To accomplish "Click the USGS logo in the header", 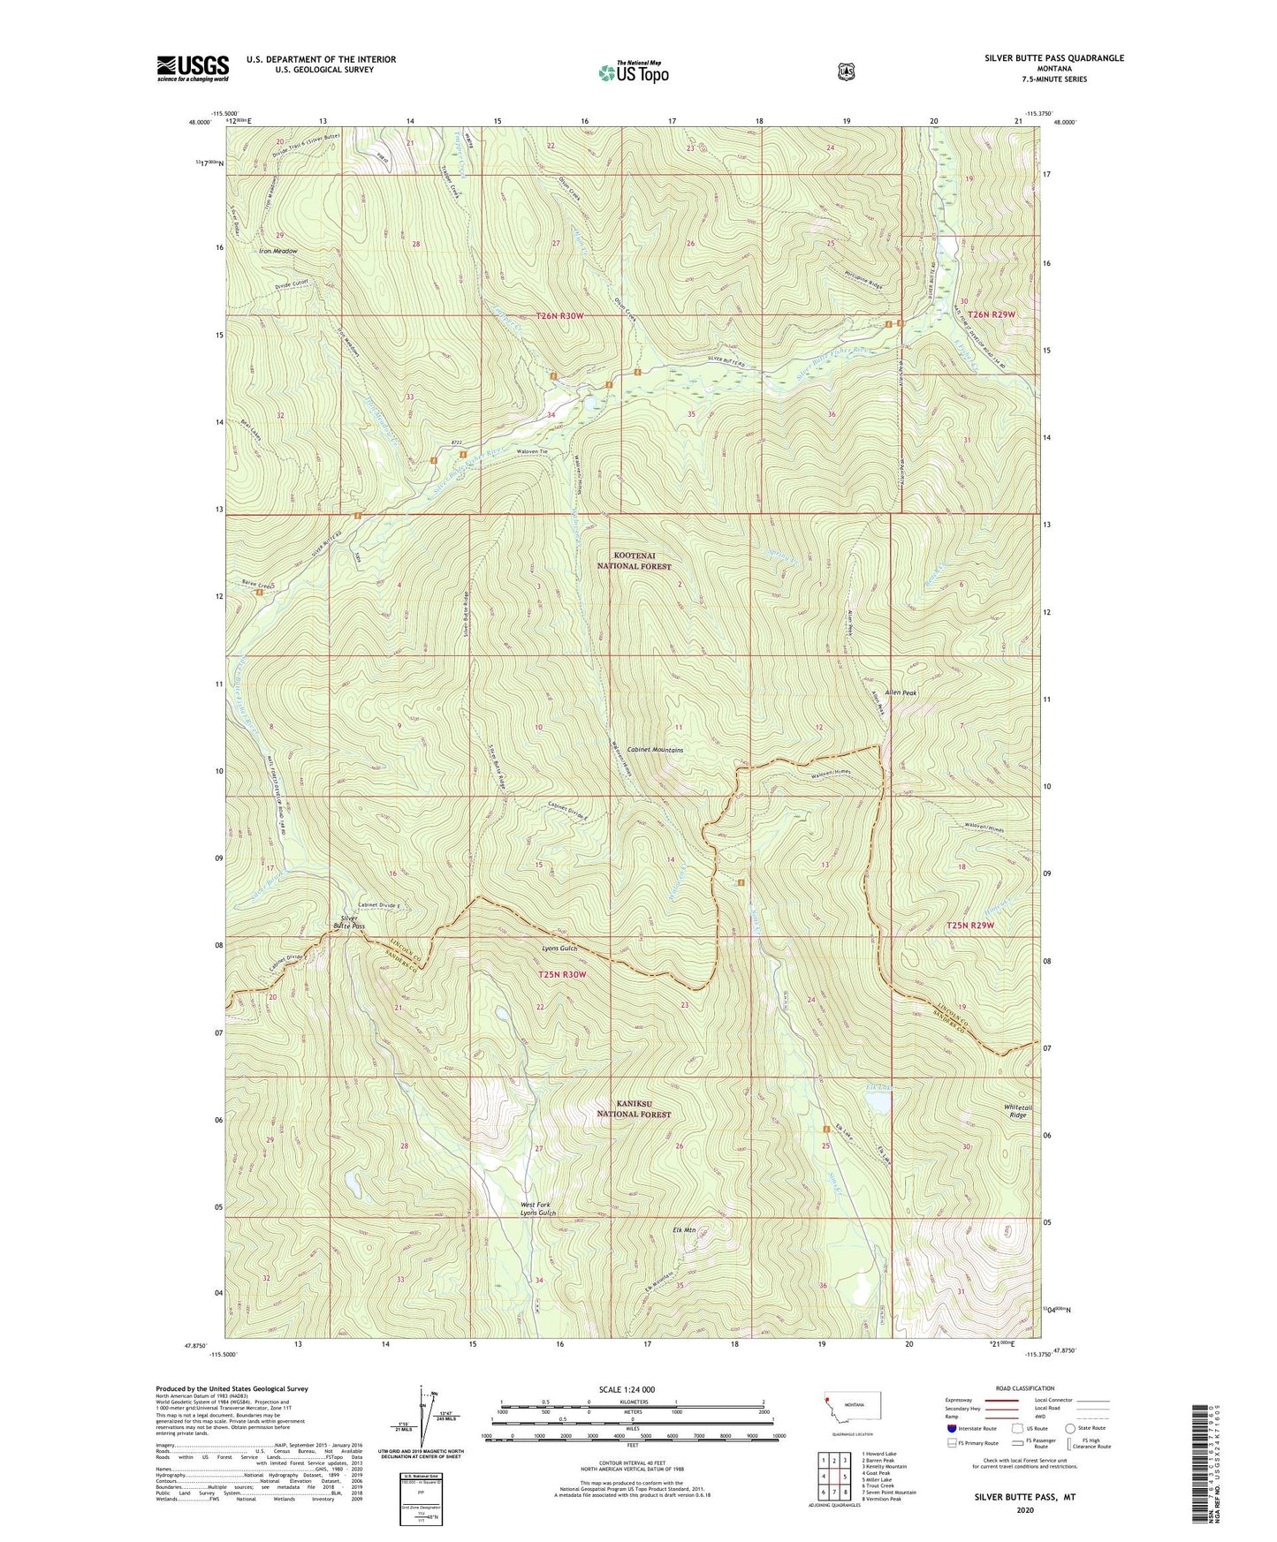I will click(193, 68).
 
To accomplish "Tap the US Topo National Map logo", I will click(633, 72).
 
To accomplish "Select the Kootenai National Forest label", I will click(634, 560).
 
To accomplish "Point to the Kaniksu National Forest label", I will click(634, 1108).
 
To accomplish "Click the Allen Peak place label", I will click(897, 693).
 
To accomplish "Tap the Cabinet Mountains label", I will click(655, 750).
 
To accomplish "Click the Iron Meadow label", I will click(278, 252).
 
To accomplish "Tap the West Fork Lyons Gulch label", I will click(538, 1209).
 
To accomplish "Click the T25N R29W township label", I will click(970, 925).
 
